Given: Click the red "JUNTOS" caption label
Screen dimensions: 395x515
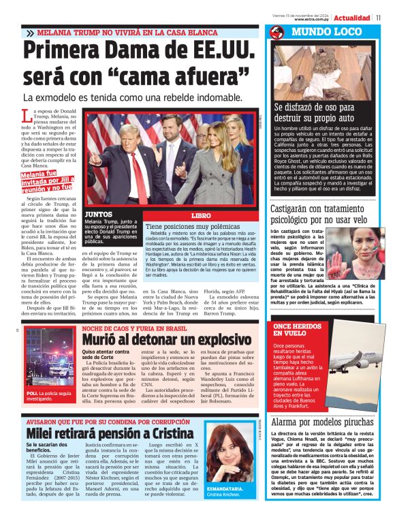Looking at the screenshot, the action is click(99, 214).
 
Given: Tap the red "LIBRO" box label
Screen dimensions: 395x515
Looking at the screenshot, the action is click(202, 215).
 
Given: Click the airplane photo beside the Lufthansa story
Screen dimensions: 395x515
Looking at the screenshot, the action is click(355, 371).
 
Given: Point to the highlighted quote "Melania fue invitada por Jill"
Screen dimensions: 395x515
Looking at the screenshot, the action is click(45, 182).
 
